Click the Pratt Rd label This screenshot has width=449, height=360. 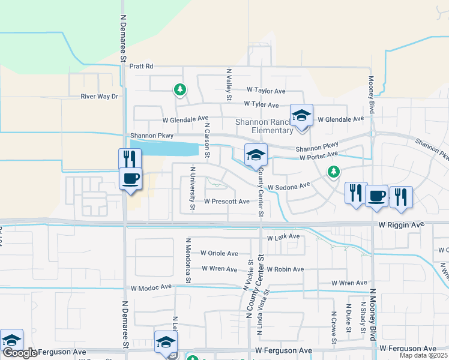pos(142,66)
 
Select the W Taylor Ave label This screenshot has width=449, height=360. pos(266,91)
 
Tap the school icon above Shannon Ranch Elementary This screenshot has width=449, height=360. pos(301,115)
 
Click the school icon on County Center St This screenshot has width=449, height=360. pos(256,155)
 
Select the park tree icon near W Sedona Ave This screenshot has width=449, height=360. pos(334,172)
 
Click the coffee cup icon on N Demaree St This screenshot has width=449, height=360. pos(131,178)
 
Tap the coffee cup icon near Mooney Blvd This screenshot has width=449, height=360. pos(376,196)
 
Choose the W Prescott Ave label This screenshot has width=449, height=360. pos(227,202)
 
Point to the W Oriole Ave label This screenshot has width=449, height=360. pos(219,253)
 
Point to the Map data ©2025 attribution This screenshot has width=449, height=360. pos(423,356)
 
